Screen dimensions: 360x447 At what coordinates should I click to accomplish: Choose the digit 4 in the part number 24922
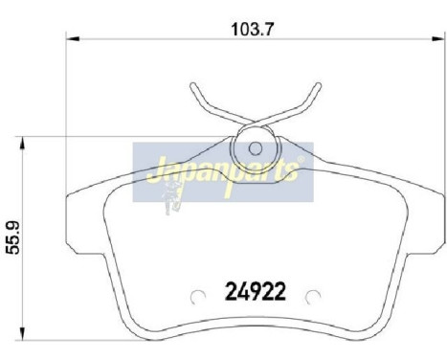pyautogui.click(x=242, y=289)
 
